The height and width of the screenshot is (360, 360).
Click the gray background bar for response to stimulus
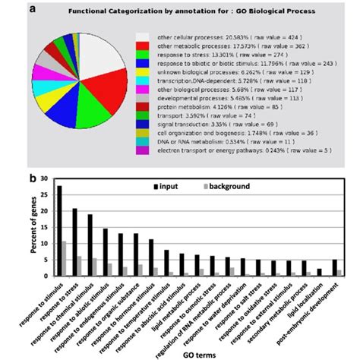[64, 259]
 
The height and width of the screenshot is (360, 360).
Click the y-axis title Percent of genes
[33, 228]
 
